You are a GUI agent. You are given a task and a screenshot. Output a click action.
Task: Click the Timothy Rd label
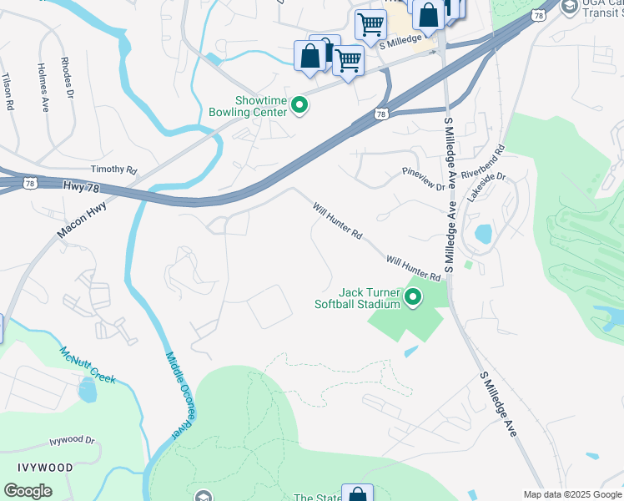point(113,170)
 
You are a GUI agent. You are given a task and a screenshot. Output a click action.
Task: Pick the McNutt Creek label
point(87,365)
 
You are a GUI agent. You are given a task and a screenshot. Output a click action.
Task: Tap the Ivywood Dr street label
point(72,440)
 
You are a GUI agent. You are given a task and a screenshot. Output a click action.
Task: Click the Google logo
point(28,491)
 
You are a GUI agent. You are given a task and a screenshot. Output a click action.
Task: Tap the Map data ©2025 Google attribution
point(572,494)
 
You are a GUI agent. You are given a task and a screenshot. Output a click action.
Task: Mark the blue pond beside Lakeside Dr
point(483,234)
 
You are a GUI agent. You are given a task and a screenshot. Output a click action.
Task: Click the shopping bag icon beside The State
point(357,494)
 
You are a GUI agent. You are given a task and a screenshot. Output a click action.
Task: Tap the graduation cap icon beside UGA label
point(570,8)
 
